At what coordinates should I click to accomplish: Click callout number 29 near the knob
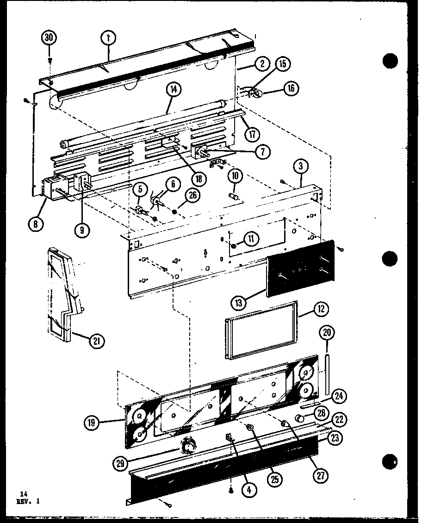pyautogui.click(x=121, y=462)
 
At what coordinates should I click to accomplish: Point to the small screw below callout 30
pyautogui.click(x=50, y=60)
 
